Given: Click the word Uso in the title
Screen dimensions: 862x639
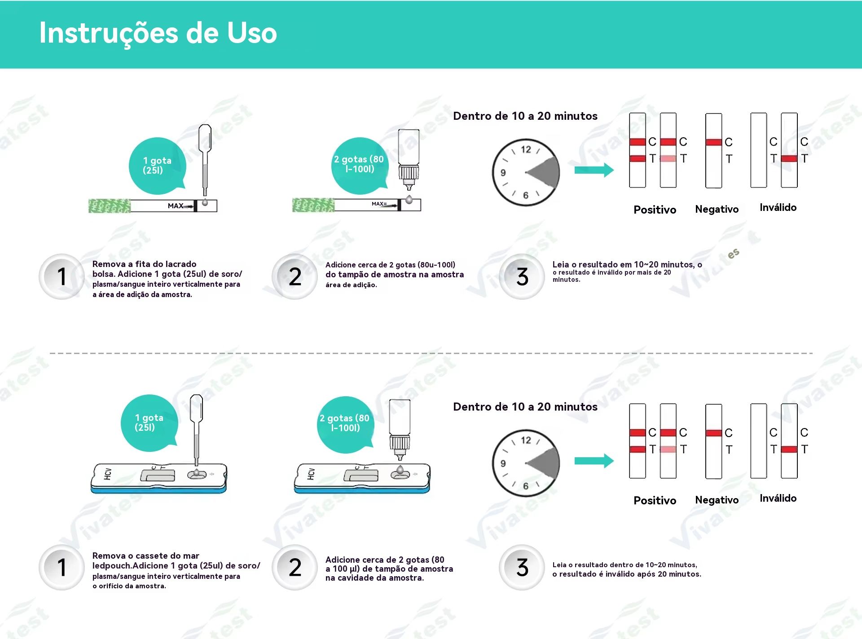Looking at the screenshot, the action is (252, 33).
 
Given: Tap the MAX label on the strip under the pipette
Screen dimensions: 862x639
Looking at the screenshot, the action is (176, 206).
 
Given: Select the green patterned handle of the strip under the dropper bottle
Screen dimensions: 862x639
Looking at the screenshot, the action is (313, 205).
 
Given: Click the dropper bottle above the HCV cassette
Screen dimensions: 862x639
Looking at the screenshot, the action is (400, 429).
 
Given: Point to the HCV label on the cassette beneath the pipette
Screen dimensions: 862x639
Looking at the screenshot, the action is (108, 474).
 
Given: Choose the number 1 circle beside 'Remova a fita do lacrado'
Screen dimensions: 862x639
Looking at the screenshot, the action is (62, 276).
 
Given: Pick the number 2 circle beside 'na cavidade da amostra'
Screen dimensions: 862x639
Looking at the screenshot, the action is (295, 567).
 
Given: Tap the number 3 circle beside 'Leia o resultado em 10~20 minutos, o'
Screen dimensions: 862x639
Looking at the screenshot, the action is (522, 276).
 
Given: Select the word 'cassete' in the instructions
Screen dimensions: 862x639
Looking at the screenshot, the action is (151, 556).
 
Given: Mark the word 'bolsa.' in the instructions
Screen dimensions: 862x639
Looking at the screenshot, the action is (103, 274).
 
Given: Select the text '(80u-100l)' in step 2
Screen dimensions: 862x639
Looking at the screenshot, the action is (436, 265).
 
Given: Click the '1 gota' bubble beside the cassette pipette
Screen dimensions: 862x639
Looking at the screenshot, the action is (150, 423).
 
